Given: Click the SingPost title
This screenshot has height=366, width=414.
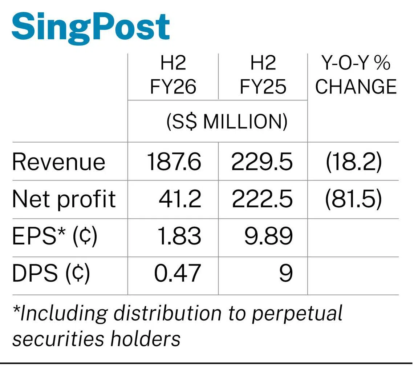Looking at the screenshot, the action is point(90,29).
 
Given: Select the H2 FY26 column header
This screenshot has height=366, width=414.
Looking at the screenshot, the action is point(173,75).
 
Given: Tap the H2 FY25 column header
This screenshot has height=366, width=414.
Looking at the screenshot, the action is point(263,75).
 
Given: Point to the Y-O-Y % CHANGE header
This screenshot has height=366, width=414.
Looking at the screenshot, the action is point(356,75).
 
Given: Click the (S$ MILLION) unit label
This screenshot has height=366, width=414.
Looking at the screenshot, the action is point(227,122).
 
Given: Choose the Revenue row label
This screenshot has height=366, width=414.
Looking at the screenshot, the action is point(58,162).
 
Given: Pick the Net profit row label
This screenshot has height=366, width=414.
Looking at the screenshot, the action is point(64,199).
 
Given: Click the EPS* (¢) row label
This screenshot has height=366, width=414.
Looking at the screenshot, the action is point(54,236).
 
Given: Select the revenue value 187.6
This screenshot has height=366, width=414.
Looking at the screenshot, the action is point(174,162).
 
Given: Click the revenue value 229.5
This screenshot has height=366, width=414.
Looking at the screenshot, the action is point(262,162).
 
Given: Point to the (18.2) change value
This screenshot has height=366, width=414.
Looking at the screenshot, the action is point(354,162).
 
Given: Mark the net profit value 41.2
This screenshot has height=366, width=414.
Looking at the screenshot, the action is point(180,199).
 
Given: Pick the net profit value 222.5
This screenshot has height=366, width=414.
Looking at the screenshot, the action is point(262,199).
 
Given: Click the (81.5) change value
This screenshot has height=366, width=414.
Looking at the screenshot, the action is point(353,199).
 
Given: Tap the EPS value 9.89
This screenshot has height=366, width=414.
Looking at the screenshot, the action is point(268,236).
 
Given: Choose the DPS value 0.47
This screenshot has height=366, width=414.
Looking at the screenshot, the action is point(178,273).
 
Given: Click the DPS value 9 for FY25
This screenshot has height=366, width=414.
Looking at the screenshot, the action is point(286,273).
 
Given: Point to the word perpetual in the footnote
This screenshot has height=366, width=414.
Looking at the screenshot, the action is point(297,314).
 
